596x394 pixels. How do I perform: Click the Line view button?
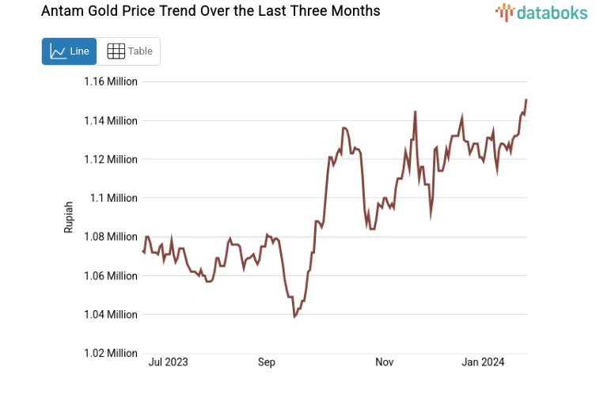[69, 51]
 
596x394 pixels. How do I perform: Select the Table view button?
[130, 51]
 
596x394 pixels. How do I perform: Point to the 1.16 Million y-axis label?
[111, 81]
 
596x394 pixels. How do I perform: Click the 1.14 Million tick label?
[111, 120]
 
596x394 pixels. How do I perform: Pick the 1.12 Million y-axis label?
[111, 159]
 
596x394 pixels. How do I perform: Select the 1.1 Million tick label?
[114, 198]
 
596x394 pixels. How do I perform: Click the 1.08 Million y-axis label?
[111, 237]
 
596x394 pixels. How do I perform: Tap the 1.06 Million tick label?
[111, 275]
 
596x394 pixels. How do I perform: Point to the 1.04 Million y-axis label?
[111, 314]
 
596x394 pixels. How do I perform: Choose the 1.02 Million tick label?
[111, 353]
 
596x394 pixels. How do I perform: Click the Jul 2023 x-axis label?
[169, 362]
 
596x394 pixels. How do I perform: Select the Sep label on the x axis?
[266, 362]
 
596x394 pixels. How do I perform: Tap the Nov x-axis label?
[384, 362]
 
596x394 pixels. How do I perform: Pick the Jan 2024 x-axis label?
[483, 362]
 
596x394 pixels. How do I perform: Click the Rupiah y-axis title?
[69, 217]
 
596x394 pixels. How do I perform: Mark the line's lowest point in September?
[294, 316]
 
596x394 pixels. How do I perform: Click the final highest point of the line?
[526, 100]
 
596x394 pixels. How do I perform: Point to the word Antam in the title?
[70, 12]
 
